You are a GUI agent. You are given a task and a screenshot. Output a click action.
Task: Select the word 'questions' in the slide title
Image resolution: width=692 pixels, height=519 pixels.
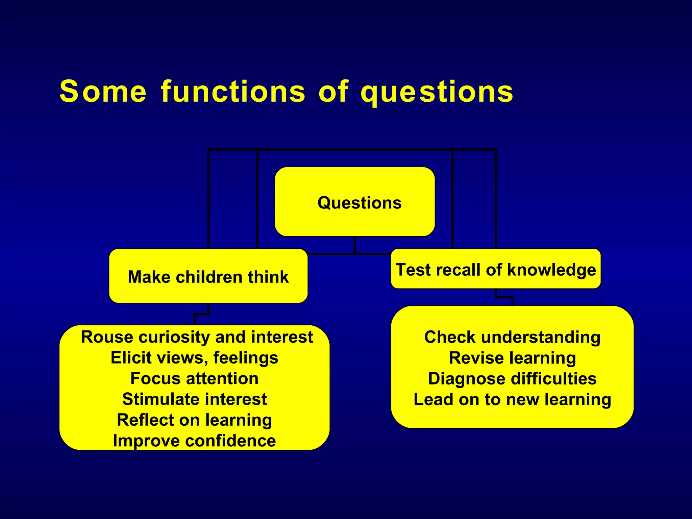coord(437,92)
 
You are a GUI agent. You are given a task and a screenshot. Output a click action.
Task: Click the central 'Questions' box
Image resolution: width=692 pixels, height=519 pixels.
coord(355,202)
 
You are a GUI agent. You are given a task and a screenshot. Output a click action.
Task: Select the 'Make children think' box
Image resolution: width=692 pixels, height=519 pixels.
coord(208,276)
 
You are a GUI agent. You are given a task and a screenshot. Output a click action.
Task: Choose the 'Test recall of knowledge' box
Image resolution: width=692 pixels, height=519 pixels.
coord(496,269)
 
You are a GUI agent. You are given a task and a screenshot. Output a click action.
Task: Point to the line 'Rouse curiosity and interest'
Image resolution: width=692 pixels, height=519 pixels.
coord(197,337)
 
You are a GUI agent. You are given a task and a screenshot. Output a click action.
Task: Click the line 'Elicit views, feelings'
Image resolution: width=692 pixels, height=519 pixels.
coord(194,357)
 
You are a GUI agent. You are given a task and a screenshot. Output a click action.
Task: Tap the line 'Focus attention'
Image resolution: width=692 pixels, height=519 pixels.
coord(194,378)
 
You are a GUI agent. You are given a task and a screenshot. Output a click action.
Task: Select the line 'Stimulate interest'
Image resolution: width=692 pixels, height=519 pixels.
coord(194,399)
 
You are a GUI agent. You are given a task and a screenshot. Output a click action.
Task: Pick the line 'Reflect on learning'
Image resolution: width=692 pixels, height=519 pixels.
coord(194,420)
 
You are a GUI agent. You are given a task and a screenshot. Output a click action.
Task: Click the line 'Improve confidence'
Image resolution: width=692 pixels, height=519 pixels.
coord(194,441)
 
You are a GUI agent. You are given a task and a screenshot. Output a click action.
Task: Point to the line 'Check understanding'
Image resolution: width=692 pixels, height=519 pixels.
coord(512,337)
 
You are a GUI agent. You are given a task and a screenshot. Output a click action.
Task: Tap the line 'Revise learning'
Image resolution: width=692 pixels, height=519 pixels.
coord(512,358)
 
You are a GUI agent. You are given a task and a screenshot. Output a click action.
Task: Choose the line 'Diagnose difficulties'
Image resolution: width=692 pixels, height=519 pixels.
coord(512,378)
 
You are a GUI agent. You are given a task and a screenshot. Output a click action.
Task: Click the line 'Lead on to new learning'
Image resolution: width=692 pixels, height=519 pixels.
coord(512,399)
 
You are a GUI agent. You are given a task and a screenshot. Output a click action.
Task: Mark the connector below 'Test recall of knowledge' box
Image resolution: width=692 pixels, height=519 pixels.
coord(504,297)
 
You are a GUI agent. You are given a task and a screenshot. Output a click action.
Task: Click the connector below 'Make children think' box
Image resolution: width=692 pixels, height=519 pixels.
coord(201,314)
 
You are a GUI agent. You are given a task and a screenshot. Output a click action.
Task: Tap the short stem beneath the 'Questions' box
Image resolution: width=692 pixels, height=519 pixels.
coord(355,245)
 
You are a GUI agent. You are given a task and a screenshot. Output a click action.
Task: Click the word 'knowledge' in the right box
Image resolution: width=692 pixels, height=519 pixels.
coord(551,270)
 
